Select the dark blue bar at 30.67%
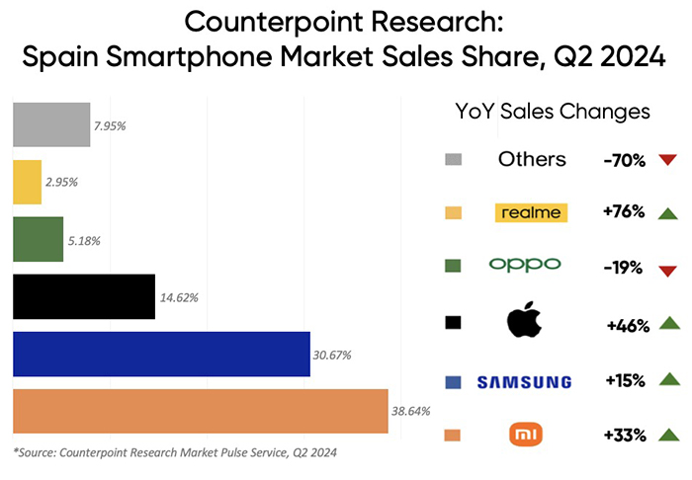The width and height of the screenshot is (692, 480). [x=161, y=355]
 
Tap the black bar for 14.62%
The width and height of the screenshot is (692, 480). [x=83, y=297]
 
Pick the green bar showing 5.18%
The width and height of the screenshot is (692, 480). [x=38, y=240]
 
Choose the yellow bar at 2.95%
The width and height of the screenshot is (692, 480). [x=27, y=183]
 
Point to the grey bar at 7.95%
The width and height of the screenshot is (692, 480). [x=51, y=125]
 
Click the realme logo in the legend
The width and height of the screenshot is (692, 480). [x=532, y=212]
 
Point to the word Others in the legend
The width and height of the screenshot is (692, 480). [x=532, y=159]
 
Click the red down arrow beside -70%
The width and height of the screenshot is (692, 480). [x=666, y=160]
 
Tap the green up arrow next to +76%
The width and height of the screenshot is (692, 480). [x=666, y=213]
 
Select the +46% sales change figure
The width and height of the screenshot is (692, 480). [x=626, y=324]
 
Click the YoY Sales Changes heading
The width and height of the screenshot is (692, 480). [x=552, y=112]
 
